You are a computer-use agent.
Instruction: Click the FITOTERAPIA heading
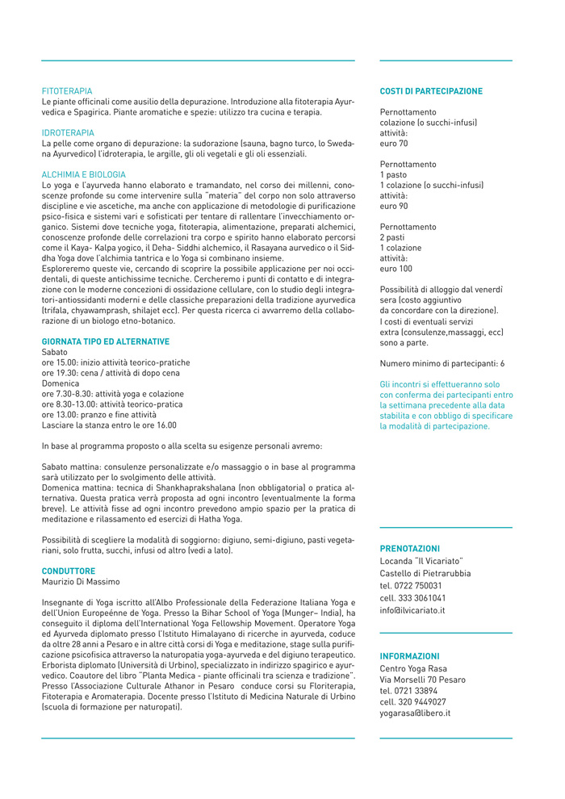(x=67, y=91)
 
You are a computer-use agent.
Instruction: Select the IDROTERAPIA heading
(x=68, y=132)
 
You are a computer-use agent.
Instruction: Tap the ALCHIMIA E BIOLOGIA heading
(x=84, y=174)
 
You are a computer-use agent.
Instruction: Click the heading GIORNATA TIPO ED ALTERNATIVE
(x=106, y=341)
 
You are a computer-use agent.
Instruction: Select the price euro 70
(x=394, y=143)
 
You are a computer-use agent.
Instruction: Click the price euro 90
(x=394, y=206)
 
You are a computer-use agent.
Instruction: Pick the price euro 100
(x=395, y=268)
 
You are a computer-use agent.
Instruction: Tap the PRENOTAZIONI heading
(x=410, y=548)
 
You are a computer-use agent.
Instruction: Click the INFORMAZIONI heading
(x=410, y=656)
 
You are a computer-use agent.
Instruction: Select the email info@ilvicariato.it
(x=412, y=610)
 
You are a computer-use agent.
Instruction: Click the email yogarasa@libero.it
(x=415, y=713)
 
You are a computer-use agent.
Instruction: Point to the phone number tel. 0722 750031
(x=411, y=585)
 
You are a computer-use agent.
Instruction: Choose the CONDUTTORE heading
(x=68, y=571)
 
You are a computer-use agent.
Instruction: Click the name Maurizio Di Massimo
(x=80, y=581)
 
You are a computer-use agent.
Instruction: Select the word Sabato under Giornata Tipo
(x=55, y=352)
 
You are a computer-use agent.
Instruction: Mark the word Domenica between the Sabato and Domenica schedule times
(x=61, y=383)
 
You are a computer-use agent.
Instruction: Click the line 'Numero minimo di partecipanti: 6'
(x=442, y=363)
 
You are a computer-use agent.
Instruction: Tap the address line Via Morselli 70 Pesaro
(x=422, y=680)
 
